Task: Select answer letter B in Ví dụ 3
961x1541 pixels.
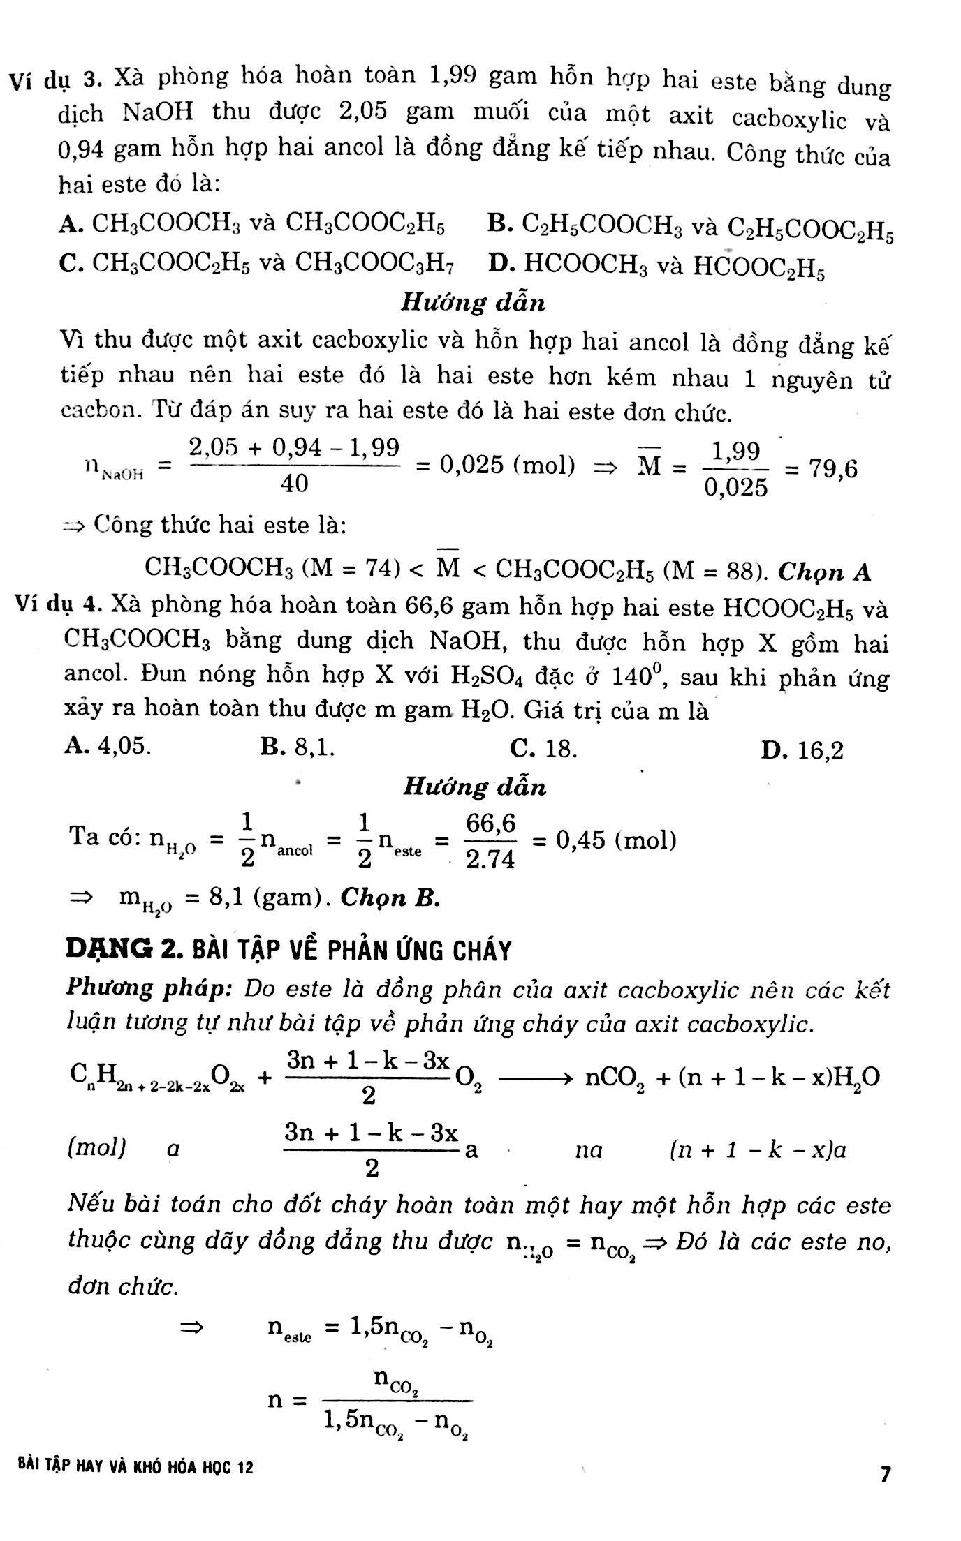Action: coord(499,223)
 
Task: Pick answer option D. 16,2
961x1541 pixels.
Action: coord(802,751)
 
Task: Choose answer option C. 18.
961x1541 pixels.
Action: coord(543,749)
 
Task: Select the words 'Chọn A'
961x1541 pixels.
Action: coord(824,572)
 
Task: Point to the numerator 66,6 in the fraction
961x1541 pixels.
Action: coord(491,825)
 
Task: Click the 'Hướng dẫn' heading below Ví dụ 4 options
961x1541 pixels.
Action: coord(475,787)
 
